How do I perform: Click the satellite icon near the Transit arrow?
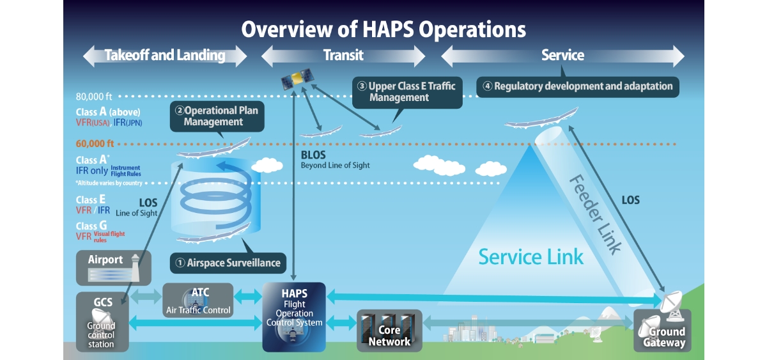[298, 79]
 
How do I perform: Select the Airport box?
[114, 268]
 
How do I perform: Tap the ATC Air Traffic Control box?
[198, 300]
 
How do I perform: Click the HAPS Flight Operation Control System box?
[294, 317]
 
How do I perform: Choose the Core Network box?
[389, 331]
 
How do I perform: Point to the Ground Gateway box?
[662, 330]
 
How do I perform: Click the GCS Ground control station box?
[102, 322]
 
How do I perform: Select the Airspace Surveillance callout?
[228, 263]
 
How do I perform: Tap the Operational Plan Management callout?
[217, 116]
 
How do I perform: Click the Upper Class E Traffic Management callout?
[407, 92]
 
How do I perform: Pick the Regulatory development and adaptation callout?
[578, 87]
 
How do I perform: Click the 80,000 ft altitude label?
[94, 97]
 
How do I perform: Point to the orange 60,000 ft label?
[95, 143]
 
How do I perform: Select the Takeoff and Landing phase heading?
[165, 55]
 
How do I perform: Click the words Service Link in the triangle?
[531, 257]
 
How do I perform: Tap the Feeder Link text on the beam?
[595, 215]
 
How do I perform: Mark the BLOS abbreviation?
[313, 155]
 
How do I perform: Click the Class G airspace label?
[91, 226]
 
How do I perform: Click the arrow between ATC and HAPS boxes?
[248, 296]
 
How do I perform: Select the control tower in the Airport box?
[136, 268]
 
